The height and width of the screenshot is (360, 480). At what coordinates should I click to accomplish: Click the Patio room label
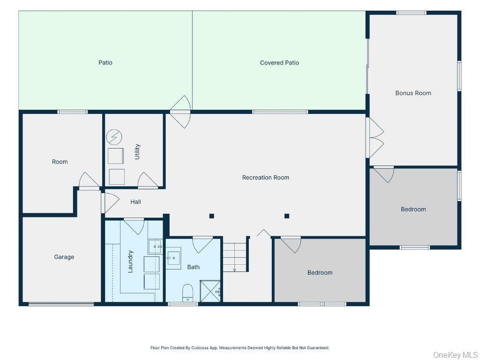click(105, 63)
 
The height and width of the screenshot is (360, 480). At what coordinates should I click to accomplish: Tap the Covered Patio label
click(279, 63)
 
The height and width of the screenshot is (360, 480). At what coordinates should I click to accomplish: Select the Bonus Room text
click(413, 93)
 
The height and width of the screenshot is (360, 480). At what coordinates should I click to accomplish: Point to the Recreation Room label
click(265, 178)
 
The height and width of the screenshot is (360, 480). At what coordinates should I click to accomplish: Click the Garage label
click(64, 257)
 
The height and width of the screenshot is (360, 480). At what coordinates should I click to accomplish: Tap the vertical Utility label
click(137, 151)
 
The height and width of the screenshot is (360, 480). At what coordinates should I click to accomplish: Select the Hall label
click(135, 202)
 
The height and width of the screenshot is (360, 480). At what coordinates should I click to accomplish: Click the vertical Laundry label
click(130, 262)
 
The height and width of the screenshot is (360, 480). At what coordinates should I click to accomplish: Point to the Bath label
click(193, 267)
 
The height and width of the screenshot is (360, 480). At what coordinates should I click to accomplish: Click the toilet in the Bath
click(187, 292)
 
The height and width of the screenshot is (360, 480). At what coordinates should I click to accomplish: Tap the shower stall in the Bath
click(210, 291)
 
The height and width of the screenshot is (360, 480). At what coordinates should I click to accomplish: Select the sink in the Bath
click(173, 258)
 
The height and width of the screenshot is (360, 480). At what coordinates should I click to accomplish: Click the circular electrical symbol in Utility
click(114, 137)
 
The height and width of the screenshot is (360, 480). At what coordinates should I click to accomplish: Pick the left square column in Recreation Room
click(211, 216)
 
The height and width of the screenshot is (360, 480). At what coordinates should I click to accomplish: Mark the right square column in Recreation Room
click(287, 216)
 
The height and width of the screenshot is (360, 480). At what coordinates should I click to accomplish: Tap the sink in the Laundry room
click(155, 247)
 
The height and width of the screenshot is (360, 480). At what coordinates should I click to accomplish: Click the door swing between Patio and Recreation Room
click(180, 112)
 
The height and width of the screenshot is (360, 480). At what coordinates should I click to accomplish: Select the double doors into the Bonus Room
click(375, 138)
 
